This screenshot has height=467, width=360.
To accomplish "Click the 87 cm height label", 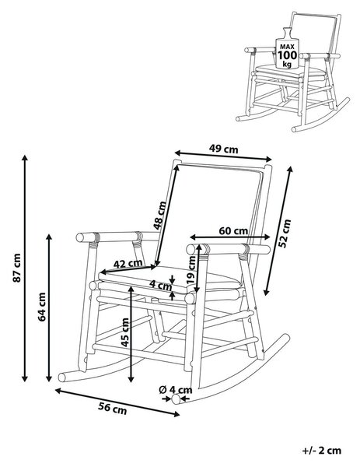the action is coord(17,268).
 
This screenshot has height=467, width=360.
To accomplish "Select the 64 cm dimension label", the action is coord(42,307).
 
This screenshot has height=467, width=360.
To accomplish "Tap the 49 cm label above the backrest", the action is coord(224,149).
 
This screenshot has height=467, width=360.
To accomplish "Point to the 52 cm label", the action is coord(285,233).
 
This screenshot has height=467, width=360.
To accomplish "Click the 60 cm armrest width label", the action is coord(233,230).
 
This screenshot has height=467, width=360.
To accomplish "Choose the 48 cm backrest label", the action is coord(159,216).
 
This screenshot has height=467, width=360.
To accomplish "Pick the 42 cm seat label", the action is coord(128,263).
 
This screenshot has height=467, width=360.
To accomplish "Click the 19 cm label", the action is coord(191,270).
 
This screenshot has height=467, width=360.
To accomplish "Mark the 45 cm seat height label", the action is coord(125,332).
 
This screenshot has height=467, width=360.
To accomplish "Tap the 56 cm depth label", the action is coord(113,409).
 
